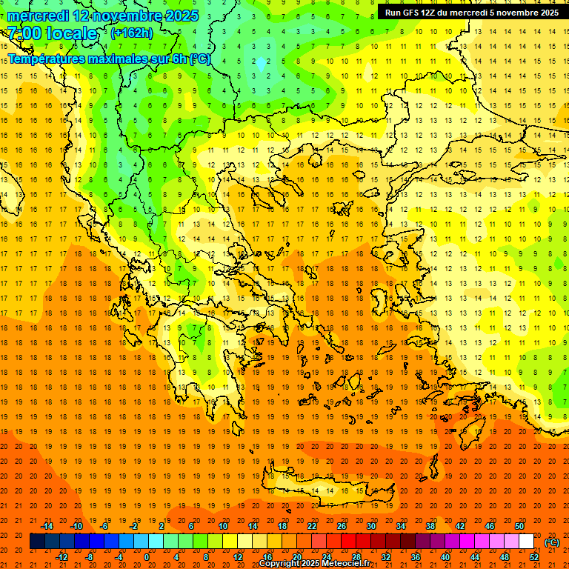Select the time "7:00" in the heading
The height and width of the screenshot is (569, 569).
coord(24,33)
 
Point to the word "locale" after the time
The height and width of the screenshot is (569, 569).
coord(71,33)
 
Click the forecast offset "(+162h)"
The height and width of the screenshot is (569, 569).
coord(132,33)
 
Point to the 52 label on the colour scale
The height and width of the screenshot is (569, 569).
coord(533,556)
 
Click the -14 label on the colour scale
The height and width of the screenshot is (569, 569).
coord(47,526)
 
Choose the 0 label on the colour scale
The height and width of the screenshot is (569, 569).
coord(147,556)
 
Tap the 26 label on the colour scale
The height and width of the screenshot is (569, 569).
coord(342,526)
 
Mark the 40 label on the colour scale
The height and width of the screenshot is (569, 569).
coord(445,556)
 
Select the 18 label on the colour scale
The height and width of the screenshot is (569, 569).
coord(282,526)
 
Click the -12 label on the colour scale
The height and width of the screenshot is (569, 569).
coord(61,556)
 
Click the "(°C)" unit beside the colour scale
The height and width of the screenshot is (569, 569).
coord(552,542)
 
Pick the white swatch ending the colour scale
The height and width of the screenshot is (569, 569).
coord(526,542)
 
